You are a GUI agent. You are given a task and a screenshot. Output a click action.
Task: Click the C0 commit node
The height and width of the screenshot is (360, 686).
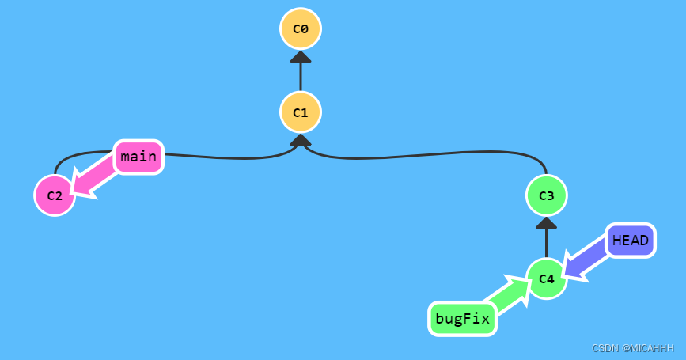301,29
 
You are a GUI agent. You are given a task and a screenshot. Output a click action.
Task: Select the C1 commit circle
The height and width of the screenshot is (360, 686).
301,112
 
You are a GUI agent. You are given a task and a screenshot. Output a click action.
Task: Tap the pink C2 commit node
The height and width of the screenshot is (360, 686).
55,195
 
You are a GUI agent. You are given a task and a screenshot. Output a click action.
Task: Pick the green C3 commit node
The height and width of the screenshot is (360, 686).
546,195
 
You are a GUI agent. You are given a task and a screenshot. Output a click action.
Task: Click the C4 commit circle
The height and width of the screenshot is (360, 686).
546,279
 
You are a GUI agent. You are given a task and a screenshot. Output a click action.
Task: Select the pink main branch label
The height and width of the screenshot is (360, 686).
138,157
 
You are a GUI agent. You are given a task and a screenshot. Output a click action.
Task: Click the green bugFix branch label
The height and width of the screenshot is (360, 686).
462,320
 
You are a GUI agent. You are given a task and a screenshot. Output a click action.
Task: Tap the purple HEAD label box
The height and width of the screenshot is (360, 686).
631,241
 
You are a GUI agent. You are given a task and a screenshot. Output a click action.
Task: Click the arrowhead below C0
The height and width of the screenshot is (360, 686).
301,56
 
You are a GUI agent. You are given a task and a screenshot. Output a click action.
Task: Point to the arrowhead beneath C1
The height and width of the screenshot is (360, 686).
301,140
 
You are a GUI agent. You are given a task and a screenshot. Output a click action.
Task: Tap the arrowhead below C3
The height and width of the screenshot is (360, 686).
546,222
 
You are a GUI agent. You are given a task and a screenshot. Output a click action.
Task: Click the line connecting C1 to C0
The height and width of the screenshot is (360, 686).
301,77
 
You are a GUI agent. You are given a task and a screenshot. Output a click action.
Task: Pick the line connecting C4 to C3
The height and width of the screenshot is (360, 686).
546,244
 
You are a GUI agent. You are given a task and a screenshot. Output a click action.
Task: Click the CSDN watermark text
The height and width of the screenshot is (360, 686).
604,348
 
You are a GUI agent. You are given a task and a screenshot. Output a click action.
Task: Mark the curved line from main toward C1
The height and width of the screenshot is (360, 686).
229,158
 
